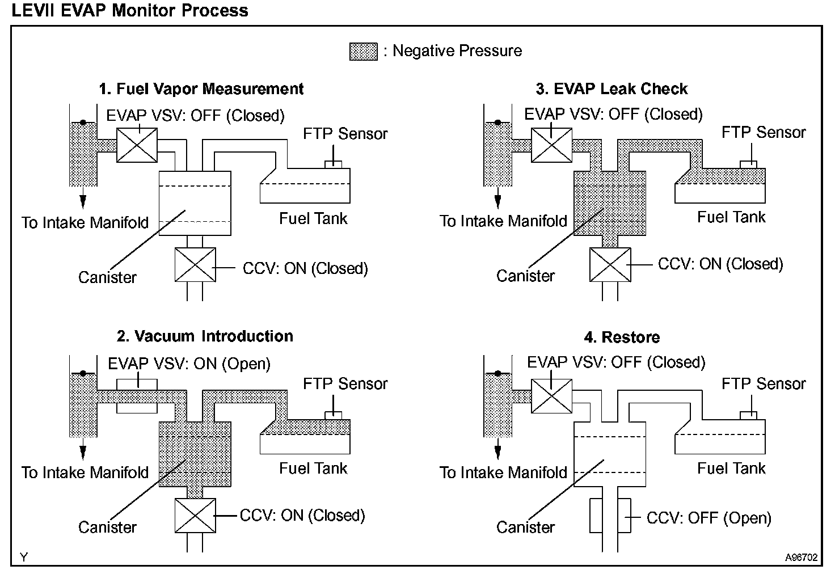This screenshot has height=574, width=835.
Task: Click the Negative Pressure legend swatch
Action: click(363, 52)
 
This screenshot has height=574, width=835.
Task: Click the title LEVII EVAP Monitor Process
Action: click(130, 10)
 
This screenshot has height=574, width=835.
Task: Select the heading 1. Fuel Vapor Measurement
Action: click(201, 89)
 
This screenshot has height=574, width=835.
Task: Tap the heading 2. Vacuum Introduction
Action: click(205, 336)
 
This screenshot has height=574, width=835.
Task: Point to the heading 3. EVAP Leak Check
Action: click(612, 89)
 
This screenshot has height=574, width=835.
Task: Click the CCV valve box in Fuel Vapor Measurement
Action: click(195, 264)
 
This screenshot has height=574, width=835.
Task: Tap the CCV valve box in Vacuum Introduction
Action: click(195, 516)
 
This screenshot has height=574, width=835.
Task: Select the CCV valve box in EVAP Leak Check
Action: click(610, 264)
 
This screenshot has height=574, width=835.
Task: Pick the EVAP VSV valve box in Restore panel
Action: click(552, 395)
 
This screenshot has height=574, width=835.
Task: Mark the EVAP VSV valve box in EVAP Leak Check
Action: click(552, 145)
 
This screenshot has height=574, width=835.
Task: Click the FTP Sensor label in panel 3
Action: click(764, 133)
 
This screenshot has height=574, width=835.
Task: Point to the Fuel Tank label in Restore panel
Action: click(731, 469)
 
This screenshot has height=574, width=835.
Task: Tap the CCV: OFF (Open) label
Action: click(709, 518)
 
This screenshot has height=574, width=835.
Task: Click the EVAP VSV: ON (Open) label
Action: click(189, 364)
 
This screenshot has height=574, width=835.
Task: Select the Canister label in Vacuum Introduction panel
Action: click(107, 527)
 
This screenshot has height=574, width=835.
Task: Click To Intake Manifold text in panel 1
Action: click(85, 222)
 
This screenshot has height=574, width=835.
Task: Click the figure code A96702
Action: click(801, 558)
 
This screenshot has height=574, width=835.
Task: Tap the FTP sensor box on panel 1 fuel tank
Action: click(333, 164)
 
